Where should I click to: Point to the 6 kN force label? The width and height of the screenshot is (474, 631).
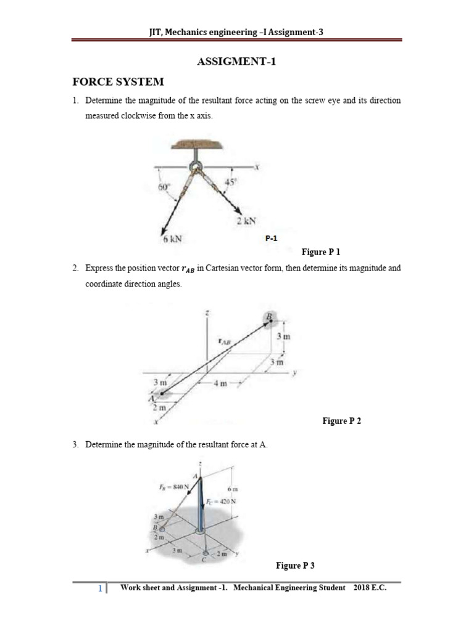(171, 239)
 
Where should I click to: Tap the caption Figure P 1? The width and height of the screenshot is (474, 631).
(320, 252)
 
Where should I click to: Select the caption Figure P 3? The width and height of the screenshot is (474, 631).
(295, 566)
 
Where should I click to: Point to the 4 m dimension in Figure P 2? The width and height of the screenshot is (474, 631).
(220, 383)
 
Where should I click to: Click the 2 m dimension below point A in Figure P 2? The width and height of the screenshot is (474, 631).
(159, 408)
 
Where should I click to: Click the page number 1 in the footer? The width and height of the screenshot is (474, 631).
(100, 589)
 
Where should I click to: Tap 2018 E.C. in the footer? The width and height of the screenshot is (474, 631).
(370, 588)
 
